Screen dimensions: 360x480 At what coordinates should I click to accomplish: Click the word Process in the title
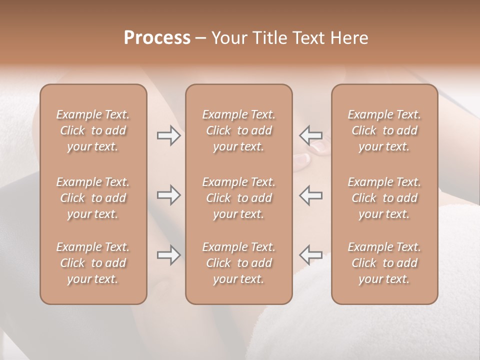coord(157,38)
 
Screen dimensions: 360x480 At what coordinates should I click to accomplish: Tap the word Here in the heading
coord(349,38)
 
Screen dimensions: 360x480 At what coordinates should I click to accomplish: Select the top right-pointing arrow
coord(168,135)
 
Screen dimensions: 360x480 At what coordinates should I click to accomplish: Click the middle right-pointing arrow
coord(168,195)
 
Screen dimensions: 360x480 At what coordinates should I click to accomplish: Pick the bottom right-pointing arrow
coord(168,255)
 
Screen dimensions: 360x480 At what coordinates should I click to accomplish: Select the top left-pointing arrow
coord(310,135)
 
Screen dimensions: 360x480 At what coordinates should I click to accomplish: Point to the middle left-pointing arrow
coord(310,195)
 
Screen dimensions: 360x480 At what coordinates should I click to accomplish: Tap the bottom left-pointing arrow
coord(310,255)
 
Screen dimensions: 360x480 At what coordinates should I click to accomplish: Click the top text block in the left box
coord(93,130)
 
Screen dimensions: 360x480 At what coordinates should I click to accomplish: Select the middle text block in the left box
coord(93,198)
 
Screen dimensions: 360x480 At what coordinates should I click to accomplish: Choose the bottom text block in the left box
coord(93,263)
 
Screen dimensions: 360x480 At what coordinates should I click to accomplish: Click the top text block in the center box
coord(239,130)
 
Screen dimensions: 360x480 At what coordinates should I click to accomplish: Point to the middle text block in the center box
coord(239,198)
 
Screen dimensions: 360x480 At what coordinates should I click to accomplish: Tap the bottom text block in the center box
coord(239,263)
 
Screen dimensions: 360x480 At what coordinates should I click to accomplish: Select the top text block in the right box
coord(384,130)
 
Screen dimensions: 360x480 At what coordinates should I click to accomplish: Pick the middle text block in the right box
coord(384,198)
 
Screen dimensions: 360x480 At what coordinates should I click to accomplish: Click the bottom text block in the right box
coord(384,263)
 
